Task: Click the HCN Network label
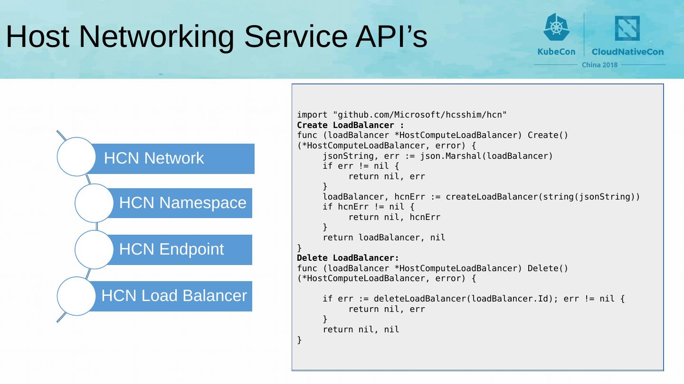[x=154, y=158]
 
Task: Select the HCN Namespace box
[x=182, y=203]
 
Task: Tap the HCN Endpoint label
[x=171, y=249]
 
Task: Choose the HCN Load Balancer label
[x=174, y=296]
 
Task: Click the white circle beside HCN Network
[x=76, y=156]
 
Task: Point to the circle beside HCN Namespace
[x=94, y=203]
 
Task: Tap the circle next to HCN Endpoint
[x=94, y=249]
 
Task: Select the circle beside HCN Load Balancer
[x=76, y=296]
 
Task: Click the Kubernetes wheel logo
[x=556, y=27]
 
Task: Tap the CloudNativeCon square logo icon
[x=627, y=28]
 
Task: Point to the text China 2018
[x=600, y=64]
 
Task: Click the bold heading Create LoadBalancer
[x=351, y=125]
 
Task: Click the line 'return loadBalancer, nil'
[x=384, y=238]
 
